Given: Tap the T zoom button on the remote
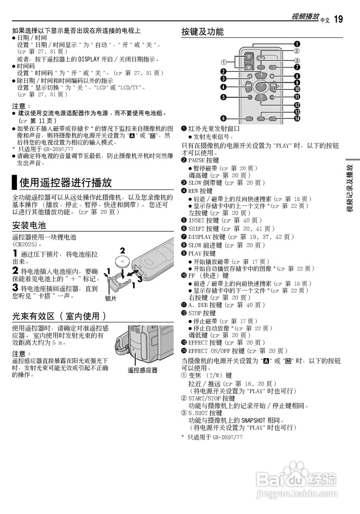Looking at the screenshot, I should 249,56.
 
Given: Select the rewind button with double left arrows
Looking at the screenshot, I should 250,86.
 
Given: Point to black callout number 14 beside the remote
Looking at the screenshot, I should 297,118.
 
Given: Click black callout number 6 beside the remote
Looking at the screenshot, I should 223,118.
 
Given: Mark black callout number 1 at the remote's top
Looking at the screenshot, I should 297,44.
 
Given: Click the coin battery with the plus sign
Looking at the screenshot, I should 122,262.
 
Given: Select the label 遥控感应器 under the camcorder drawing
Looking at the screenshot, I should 142,370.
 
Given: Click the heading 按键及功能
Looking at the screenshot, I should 202,32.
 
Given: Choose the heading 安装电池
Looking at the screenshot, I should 29,224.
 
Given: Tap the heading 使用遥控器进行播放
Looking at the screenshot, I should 65,183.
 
